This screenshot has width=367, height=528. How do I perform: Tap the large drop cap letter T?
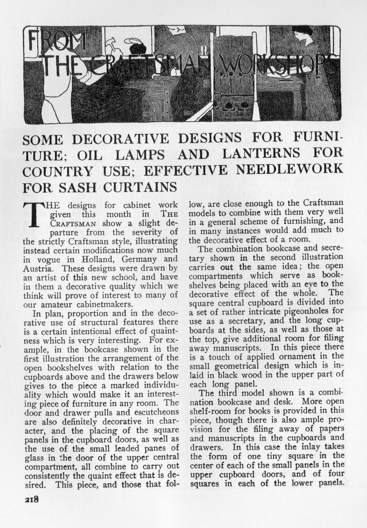pyautogui.click(x=35, y=214)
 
